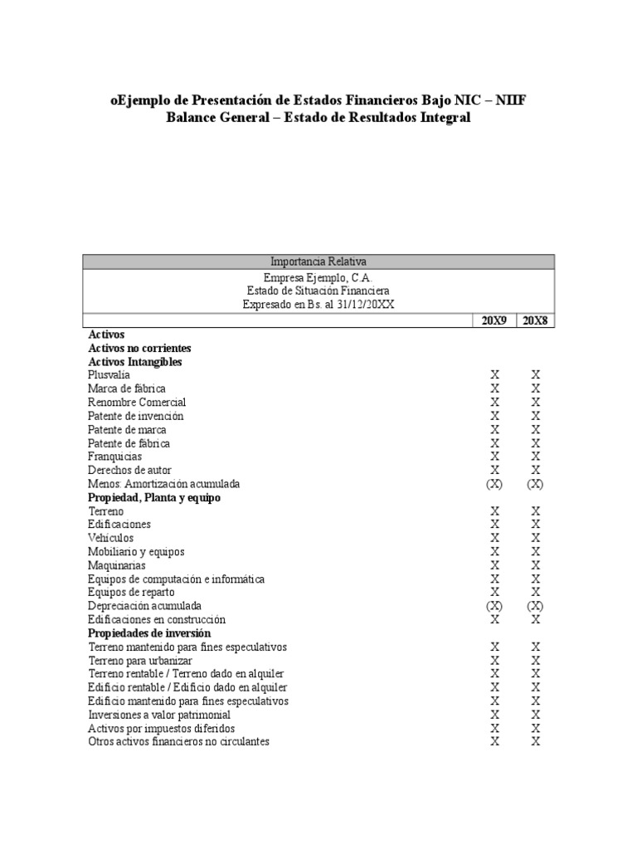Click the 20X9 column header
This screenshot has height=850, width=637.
click(x=494, y=320)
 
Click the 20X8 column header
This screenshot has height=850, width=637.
click(x=535, y=320)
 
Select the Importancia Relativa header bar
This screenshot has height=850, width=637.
click(x=318, y=261)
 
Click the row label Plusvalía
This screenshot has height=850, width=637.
click(x=109, y=375)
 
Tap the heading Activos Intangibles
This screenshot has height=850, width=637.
click(x=135, y=362)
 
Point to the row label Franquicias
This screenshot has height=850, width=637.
click(x=114, y=457)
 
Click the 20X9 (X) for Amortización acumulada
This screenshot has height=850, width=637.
click(x=494, y=484)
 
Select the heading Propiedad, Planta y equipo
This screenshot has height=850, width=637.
click(x=154, y=497)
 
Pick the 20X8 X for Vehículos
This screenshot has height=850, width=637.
click(x=536, y=538)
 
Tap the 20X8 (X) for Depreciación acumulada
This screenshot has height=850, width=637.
click(x=536, y=606)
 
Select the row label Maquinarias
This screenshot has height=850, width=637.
click(x=116, y=565)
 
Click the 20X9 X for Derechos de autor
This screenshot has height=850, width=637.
click(x=495, y=470)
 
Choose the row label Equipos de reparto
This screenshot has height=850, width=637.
click(x=130, y=592)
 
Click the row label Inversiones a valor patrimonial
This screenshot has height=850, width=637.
click(x=159, y=714)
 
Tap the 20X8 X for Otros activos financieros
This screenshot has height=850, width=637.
click(x=536, y=741)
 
